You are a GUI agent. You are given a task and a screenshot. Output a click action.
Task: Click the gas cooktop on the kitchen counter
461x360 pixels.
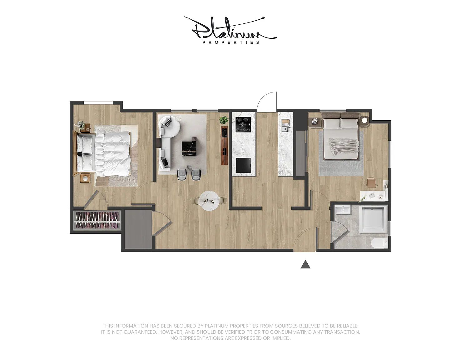click(x=243, y=125)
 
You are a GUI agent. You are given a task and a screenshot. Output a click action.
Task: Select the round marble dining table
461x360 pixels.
click(x=209, y=200)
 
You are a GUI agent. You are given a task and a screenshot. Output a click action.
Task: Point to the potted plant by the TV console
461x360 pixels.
click(x=224, y=120)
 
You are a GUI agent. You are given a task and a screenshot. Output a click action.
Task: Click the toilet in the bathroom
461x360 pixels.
click(x=380, y=243)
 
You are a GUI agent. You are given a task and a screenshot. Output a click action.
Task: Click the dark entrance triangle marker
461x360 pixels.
click(x=305, y=264)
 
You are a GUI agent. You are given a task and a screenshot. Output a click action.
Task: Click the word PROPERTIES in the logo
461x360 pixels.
click(x=231, y=42)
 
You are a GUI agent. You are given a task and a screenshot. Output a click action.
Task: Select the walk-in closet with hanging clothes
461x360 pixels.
click(x=97, y=220)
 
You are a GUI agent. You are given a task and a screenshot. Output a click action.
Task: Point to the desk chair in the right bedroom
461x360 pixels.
click(x=371, y=182)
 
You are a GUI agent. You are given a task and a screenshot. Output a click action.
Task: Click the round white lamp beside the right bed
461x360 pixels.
click(x=364, y=120)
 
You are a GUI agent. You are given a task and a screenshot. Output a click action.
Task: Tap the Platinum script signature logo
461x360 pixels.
click(x=230, y=28)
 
